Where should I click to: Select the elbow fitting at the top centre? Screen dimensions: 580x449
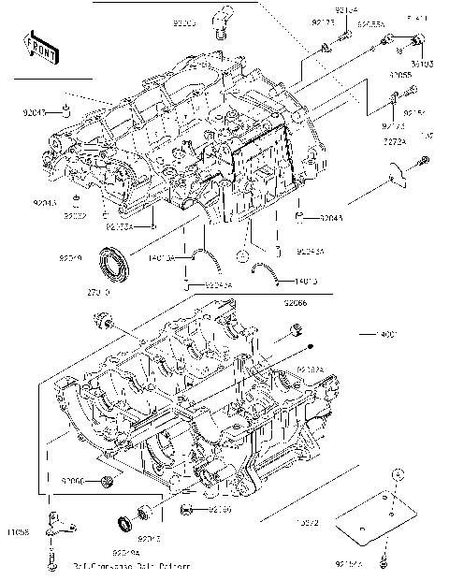222,20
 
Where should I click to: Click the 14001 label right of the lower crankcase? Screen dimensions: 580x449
386,334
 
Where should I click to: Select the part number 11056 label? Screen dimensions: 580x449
20,532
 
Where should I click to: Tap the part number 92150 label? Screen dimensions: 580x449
219,510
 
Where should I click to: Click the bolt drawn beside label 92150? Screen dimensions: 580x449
187,510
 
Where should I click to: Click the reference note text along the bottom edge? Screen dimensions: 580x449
130,567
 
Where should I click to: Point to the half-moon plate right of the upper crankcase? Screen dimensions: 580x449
394,171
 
